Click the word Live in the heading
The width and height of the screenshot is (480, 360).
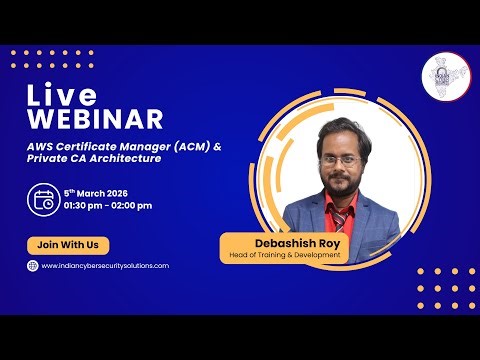point(61,97)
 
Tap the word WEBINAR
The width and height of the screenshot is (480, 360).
point(95,120)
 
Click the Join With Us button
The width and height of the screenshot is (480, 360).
point(68,244)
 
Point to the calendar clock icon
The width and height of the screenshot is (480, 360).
point(44,199)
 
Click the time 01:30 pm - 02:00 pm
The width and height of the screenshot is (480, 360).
point(108,206)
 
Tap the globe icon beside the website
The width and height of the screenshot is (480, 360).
point(32,266)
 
